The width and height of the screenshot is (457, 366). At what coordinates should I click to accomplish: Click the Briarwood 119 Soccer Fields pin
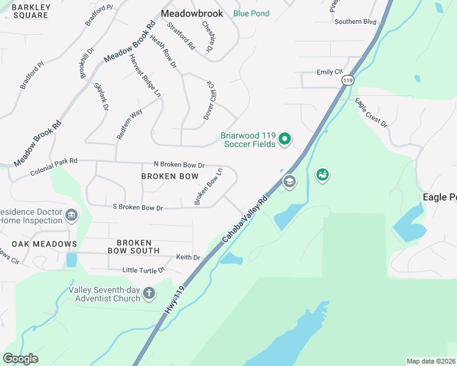[x=284, y=140]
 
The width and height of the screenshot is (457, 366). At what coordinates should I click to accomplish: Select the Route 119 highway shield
[x=347, y=80]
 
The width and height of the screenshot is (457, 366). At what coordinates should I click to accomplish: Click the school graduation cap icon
[x=289, y=181]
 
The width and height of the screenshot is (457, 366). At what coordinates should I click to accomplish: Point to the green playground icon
[x=323, y=176]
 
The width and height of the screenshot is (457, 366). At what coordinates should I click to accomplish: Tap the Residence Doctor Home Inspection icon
[x=71, y=215]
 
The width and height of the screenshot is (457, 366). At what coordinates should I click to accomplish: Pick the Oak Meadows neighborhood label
[x=38, y=244]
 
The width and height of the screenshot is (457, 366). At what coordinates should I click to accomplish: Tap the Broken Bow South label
[x=133, y=246]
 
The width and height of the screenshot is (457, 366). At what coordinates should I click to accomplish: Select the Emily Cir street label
[x=329, y=72]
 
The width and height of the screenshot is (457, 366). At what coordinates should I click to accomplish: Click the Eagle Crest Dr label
[x=371, y=113]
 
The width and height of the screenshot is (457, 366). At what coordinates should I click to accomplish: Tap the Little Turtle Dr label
[x=144, y=270]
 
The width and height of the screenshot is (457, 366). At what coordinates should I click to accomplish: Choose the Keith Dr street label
[x=188, y=257]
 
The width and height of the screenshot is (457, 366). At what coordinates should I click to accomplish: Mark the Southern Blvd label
[x=355, y=21]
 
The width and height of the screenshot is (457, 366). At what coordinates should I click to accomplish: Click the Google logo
[x=20, y=359]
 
